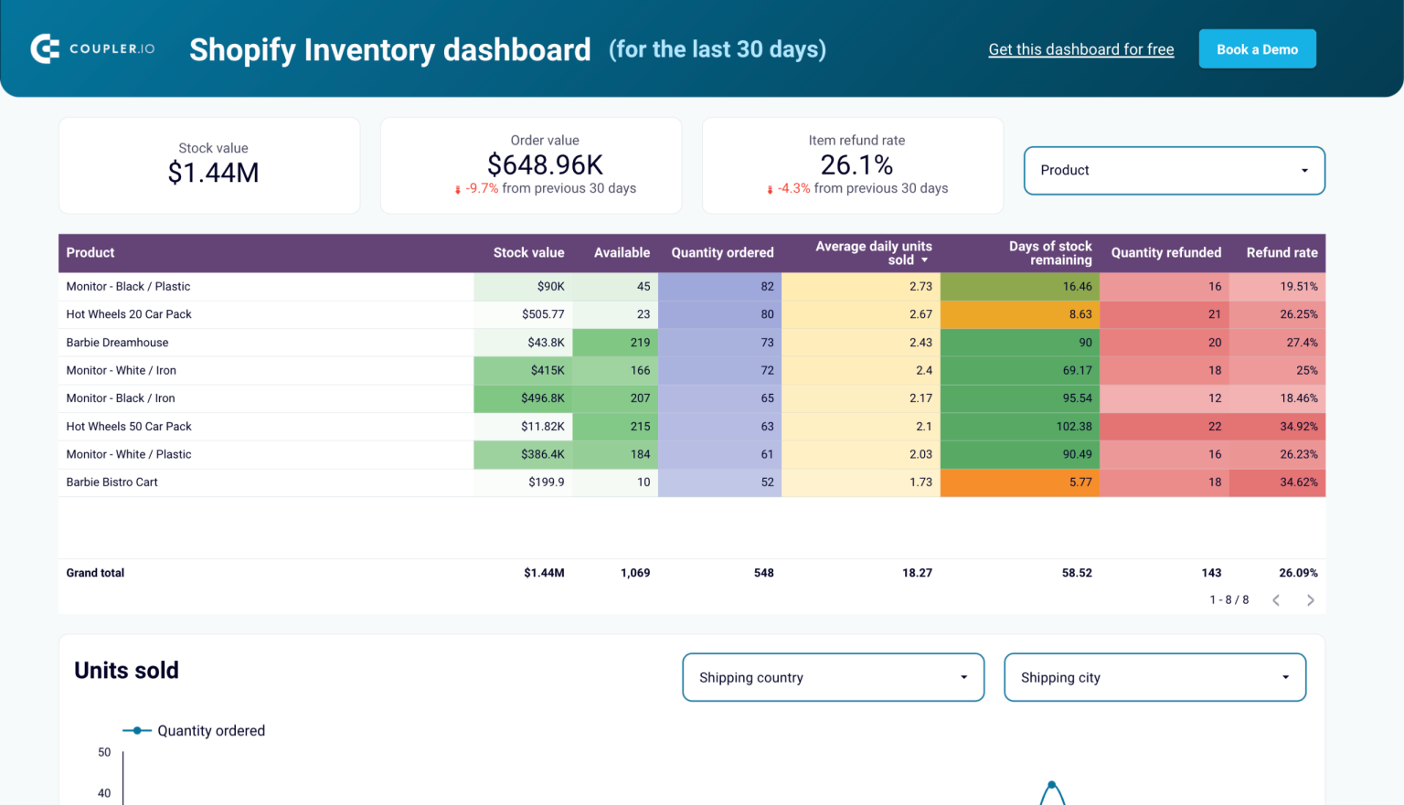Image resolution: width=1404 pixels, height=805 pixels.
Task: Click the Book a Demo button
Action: [x=1257, y=49]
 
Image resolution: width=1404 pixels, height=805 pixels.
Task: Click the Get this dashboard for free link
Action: [x=1080, y=49]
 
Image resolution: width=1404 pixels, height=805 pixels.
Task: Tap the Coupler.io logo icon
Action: [x=45, y=48]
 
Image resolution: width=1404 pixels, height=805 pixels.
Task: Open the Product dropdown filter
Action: [x=1174, y=171]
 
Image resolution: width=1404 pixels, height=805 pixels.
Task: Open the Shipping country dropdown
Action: [x=833, y=677]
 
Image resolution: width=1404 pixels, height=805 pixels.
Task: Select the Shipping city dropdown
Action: [x=1154, y=677]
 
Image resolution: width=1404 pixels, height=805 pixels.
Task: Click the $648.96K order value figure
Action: [x=545, y=165]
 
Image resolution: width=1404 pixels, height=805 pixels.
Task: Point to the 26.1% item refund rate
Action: [x=856, y=165]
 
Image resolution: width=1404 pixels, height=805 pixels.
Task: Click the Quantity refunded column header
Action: [x=1165, y=253]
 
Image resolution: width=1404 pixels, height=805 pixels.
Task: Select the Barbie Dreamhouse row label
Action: [x=117, y=343]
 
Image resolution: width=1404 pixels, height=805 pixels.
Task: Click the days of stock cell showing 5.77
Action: [x=1080, y=482]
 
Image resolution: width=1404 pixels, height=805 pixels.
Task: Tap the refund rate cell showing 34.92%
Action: [x=1298, y=427]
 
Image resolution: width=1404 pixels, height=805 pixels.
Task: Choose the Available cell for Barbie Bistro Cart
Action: [x=643, y=482]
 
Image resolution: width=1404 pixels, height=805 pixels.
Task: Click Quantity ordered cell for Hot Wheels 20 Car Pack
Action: [x=766, y=314]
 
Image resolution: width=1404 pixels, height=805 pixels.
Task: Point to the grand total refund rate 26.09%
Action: [x=1298, y=573]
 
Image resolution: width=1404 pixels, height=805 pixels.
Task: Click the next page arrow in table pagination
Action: [x=1310, y=600]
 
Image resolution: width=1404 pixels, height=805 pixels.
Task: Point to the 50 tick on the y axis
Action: [x=104, y=753]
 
